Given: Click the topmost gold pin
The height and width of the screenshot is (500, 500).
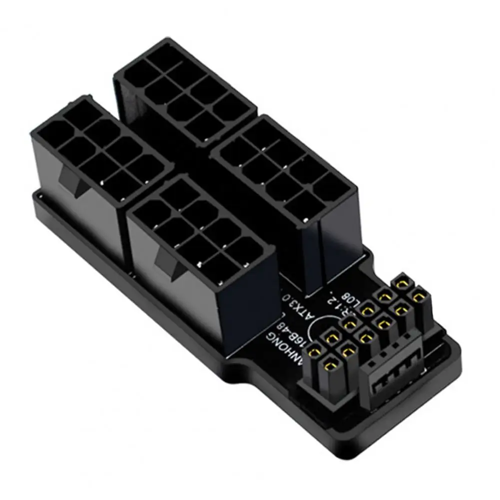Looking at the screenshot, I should click(401, 283).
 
